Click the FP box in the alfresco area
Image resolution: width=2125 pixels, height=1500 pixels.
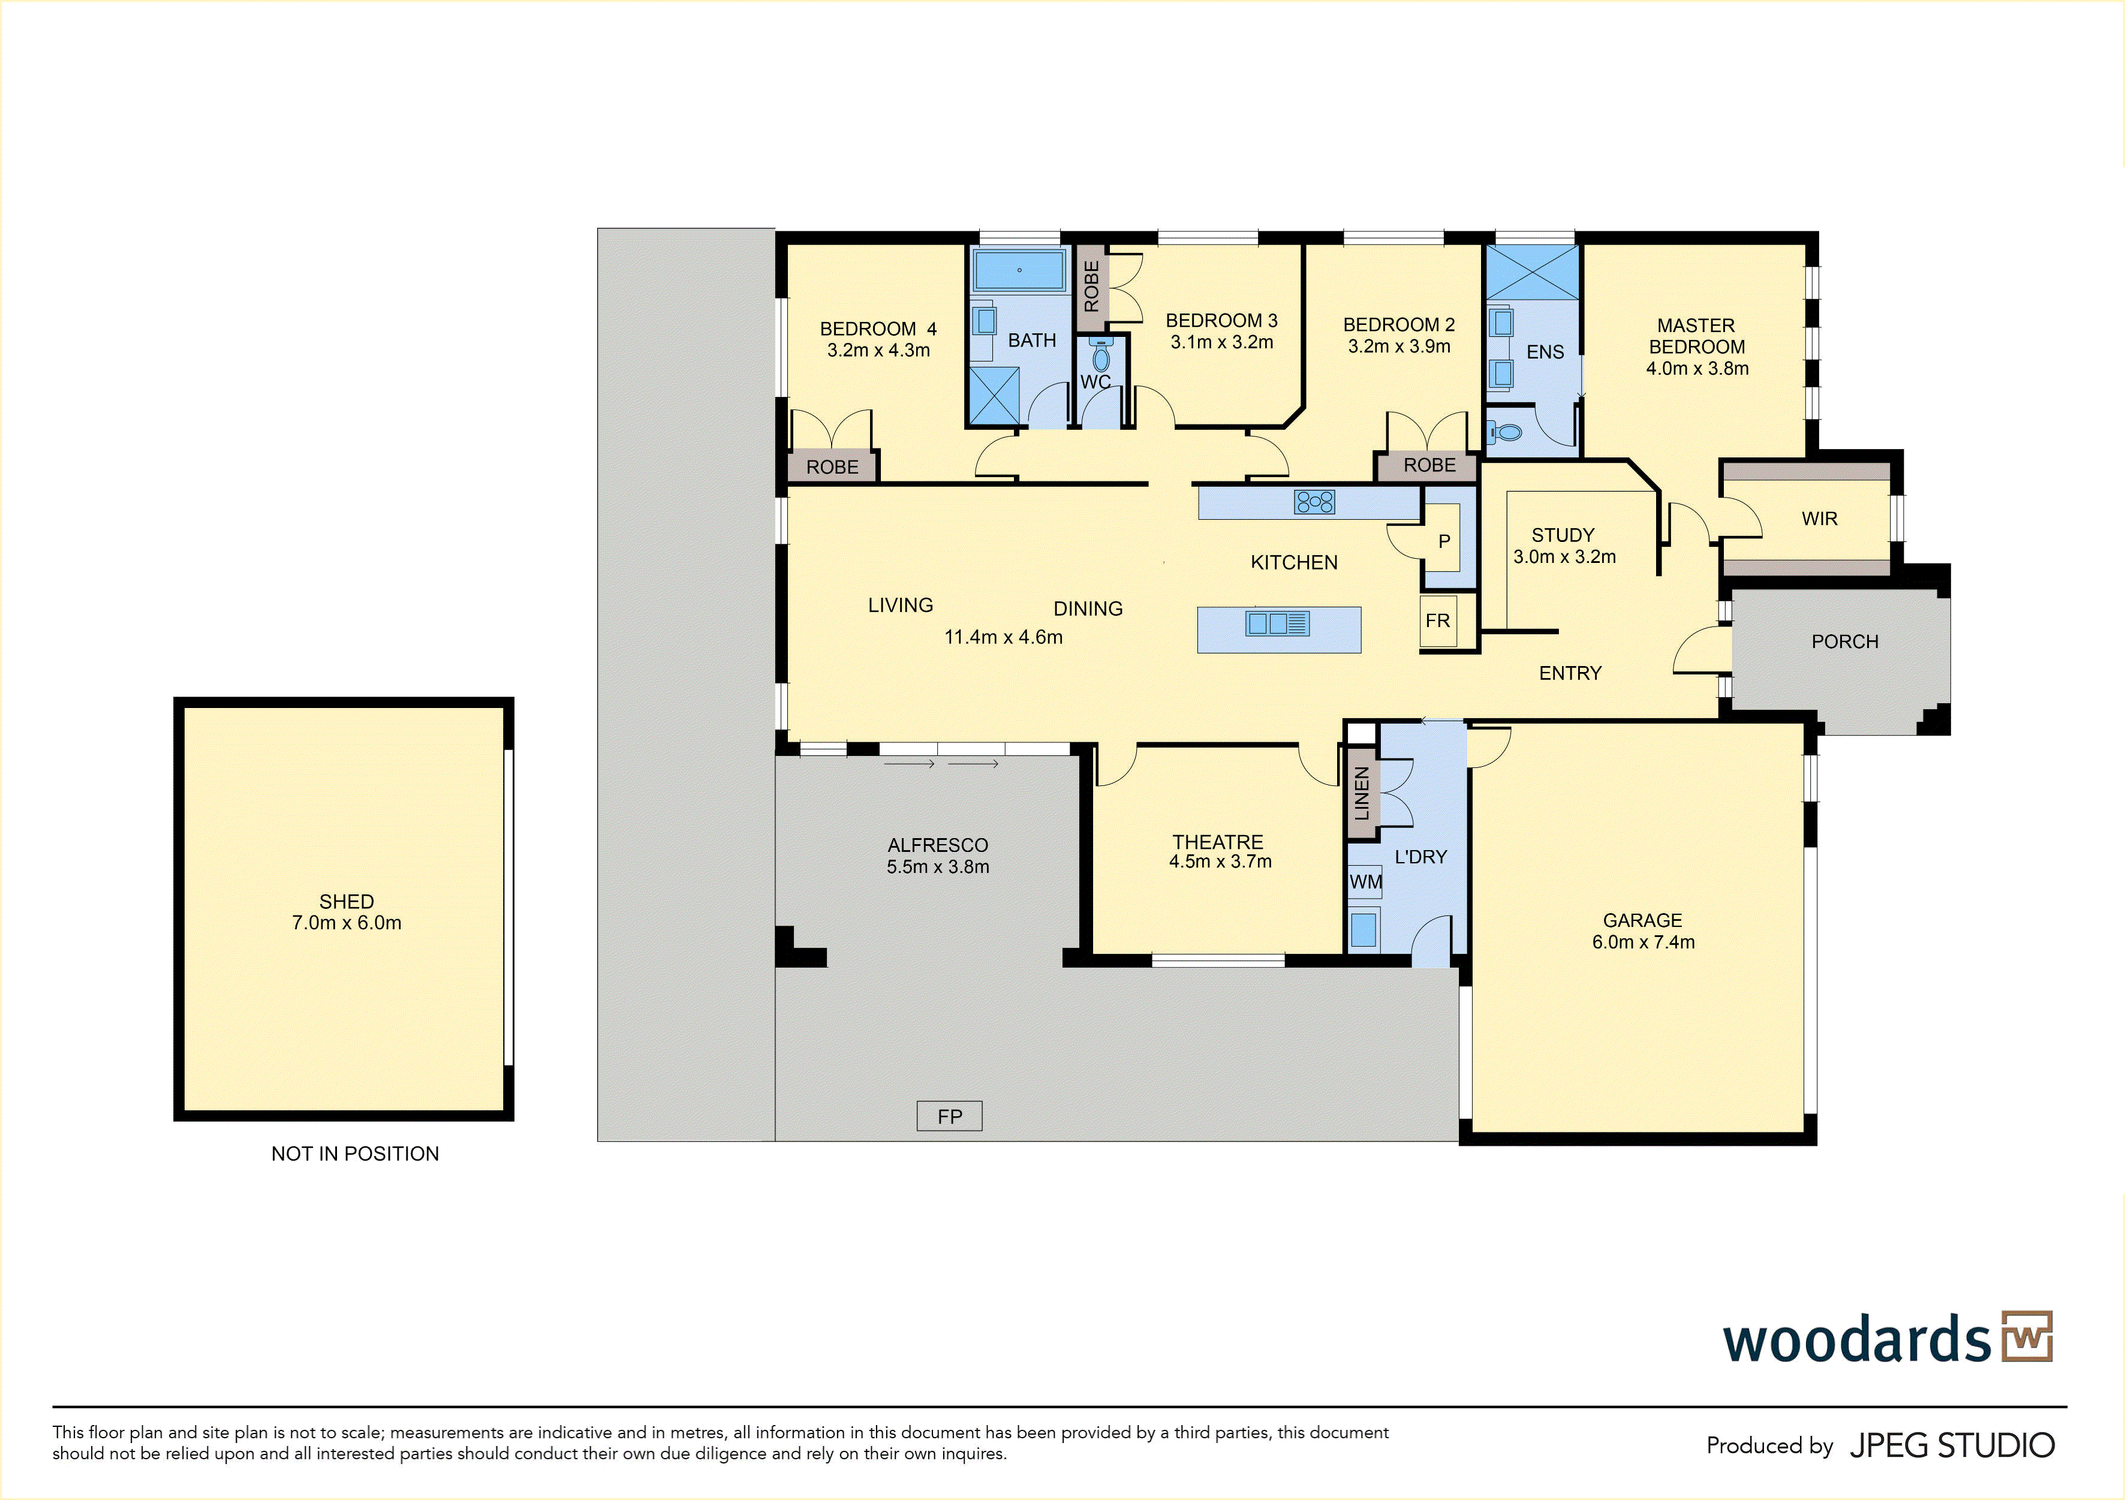pyautogui.click(x=949, y=1116)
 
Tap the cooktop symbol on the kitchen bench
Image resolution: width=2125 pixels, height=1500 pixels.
pyautogui.click(x=1314, y=502)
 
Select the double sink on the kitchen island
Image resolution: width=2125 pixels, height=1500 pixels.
pyautogui.click(x=1277, y=623)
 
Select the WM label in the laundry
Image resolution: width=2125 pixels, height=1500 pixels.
pyautogui.click(x=1365, y=882)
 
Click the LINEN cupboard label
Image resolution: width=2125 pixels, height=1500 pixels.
pyautogui.click(x=1362, y=793)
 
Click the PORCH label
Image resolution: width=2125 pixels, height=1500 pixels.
pyautogui.click(x=1844, y=641)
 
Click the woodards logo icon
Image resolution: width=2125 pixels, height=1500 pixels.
pyautogui.click(x=2027, y=1336)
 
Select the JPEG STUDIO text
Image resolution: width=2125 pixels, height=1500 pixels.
pyautogui.click(x=1952, y=1445)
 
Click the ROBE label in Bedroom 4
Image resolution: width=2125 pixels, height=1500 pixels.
pyautogui.click(x=832, y=467)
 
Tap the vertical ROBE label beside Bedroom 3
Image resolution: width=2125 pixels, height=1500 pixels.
pyautogui.click(x=1091, y=286)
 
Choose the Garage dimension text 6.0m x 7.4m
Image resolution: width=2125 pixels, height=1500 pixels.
pyautogui.click(x=1643, y=942)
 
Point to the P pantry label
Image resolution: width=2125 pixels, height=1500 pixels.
pyautogui.click(x=1444, y=541)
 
